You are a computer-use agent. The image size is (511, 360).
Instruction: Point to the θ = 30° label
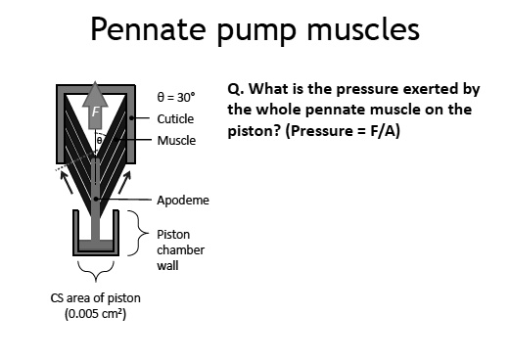[x=176, y=99]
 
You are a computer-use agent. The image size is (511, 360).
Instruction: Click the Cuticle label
[x=175, y=118]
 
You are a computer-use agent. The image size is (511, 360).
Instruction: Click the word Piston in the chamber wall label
[x=174, y=234]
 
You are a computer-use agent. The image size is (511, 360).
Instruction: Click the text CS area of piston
[x=87, y=298]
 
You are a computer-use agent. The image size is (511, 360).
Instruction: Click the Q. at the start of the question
[x=236, y=88]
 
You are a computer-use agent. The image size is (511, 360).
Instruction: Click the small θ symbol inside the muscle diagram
[x=99, y=140]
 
